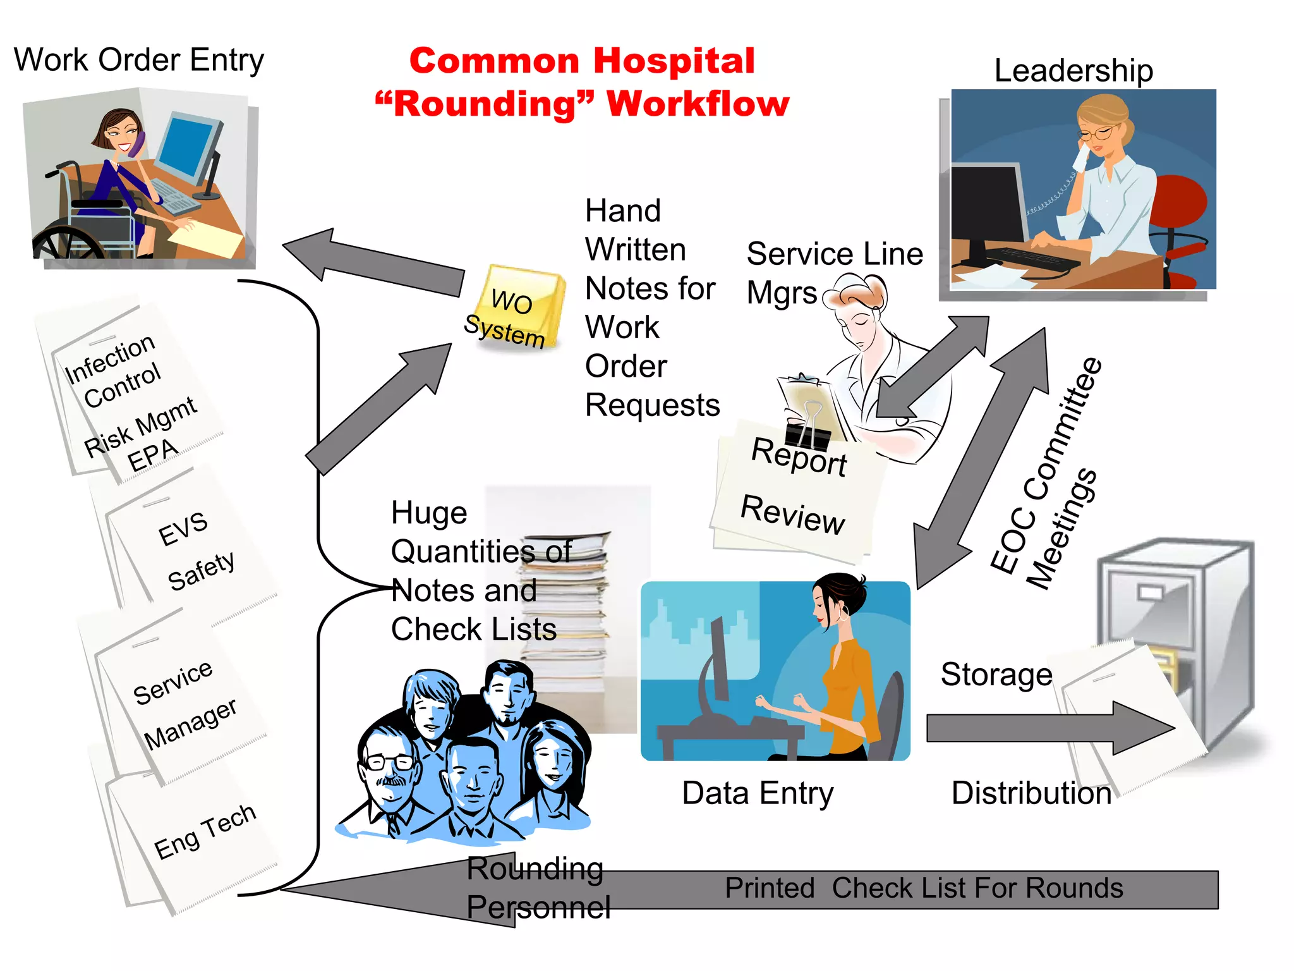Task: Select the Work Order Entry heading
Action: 138,61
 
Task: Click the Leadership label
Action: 1073,71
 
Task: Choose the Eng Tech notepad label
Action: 205,831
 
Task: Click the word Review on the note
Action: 792,515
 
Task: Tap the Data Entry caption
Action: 758,793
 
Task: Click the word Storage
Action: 996,675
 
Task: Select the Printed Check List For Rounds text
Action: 923,888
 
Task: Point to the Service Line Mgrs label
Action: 834,272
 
